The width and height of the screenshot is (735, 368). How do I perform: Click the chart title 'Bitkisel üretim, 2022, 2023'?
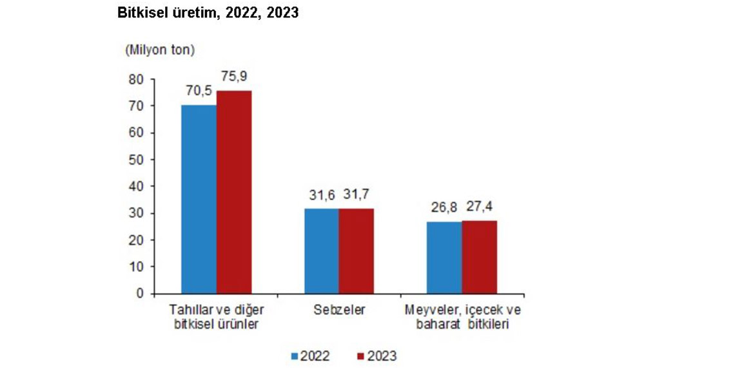208,12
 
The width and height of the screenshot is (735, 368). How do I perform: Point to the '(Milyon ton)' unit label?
161,49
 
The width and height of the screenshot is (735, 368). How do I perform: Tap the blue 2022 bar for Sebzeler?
321,251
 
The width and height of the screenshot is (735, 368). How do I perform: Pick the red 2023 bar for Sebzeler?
356,251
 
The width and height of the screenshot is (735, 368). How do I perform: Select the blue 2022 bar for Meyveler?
444,258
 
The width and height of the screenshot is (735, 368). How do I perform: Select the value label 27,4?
480,207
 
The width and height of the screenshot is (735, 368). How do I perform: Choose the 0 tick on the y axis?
139,294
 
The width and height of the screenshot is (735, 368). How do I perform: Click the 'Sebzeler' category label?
338,311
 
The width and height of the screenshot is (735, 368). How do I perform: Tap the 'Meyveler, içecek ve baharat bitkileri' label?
462,317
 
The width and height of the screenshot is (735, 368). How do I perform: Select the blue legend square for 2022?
294,356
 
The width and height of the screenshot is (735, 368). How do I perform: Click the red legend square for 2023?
361,356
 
